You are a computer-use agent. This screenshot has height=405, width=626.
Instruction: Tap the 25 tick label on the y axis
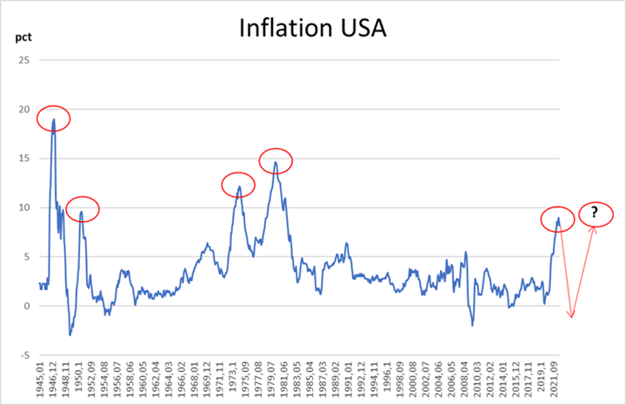tap(23, 60)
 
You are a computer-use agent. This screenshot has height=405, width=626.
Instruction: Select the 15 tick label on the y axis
tap(23, 159)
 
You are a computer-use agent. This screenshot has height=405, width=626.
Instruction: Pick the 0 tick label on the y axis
tap(27, 306)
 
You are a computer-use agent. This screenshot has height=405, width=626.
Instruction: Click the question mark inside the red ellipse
tap(595, 213)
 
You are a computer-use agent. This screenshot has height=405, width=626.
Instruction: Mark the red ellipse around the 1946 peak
tap(53, 118)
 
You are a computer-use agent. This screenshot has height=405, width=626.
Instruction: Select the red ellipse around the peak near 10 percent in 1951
tap(83, 209)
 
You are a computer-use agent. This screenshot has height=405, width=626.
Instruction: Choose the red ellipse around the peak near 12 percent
tap(238, 185)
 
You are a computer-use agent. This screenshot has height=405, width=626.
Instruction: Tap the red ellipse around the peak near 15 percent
tap(276, 160)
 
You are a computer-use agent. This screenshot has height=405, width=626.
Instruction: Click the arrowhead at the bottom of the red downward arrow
tap(571, 317)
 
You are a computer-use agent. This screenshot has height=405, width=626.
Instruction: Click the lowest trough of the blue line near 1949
tap(70, 334)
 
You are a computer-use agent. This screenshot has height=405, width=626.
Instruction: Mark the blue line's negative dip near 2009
tap(472, 325)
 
